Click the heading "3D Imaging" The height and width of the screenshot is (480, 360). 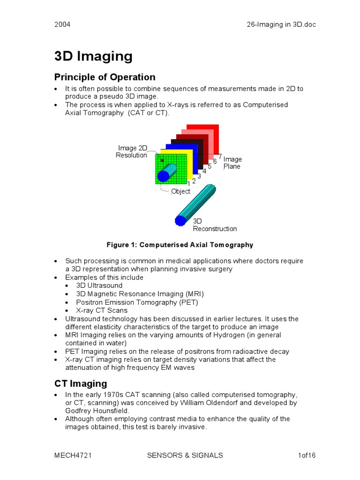[93, 57]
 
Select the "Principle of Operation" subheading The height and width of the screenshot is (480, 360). [105, 77]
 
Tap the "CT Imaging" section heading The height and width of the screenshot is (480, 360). [81, 383]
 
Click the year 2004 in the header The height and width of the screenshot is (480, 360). [62, 24]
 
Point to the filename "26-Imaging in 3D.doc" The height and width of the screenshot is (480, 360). [281, 24]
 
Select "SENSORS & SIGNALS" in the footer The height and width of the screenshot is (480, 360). [185, 455]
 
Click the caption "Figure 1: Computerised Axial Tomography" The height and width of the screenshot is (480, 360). [180, 245]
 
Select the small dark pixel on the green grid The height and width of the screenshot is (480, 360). [162, 160]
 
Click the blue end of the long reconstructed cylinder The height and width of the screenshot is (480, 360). [180, 220]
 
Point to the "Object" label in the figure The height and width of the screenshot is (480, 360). [180, 191]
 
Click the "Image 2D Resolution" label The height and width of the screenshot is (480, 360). [132, 152]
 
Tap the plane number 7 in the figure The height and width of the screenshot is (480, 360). [220, 156]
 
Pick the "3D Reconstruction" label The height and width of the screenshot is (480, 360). [215, 225]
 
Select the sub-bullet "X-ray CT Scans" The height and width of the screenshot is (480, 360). [101, 310]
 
